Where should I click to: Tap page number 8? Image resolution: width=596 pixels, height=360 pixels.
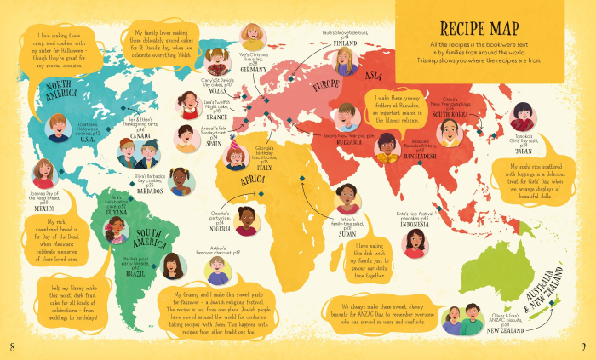[11, 346]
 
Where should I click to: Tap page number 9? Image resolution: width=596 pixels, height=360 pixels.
[583, 346]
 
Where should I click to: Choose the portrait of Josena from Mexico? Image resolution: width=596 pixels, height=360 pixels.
[43, 174]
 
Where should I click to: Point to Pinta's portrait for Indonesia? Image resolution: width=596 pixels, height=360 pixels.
[417, 243]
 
